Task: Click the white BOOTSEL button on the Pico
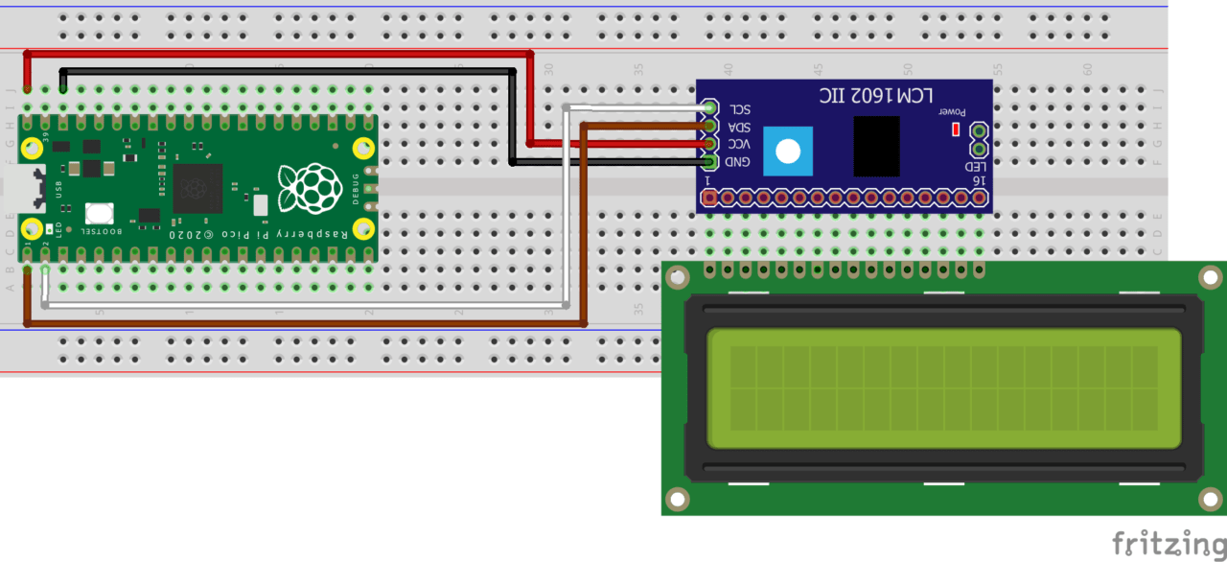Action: [100, 214]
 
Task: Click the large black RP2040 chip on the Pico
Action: [197, 188]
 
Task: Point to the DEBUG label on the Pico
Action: [356, 189]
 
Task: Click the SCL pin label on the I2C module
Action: [740, 109]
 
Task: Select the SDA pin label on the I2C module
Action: [740, 128]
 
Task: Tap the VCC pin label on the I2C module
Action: [740, 145]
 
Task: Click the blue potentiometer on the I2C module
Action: [788, 151]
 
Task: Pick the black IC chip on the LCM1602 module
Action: [876, 146]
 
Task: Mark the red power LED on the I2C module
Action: [955, 129]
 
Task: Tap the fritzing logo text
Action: [1169, 543]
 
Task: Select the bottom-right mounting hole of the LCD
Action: [1210, 499]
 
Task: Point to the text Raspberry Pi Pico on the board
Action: [259, 234]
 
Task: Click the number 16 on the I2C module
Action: [977, 180]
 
